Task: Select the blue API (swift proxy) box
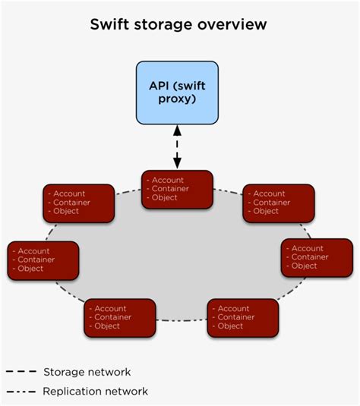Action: click(177, 93)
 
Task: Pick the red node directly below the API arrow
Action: click(178, 189)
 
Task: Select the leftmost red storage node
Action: click(43, 260)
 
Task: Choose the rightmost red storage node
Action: click(317, 257)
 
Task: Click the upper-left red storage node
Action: click(79, 203)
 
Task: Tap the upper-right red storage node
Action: click(278, 203)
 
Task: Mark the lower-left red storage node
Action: click(120, 317)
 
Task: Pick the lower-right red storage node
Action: click(242, 317)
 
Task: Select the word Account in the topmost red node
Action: click(168, 180)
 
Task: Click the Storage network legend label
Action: click(87, 372)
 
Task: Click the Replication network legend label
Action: click(95, 392)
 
